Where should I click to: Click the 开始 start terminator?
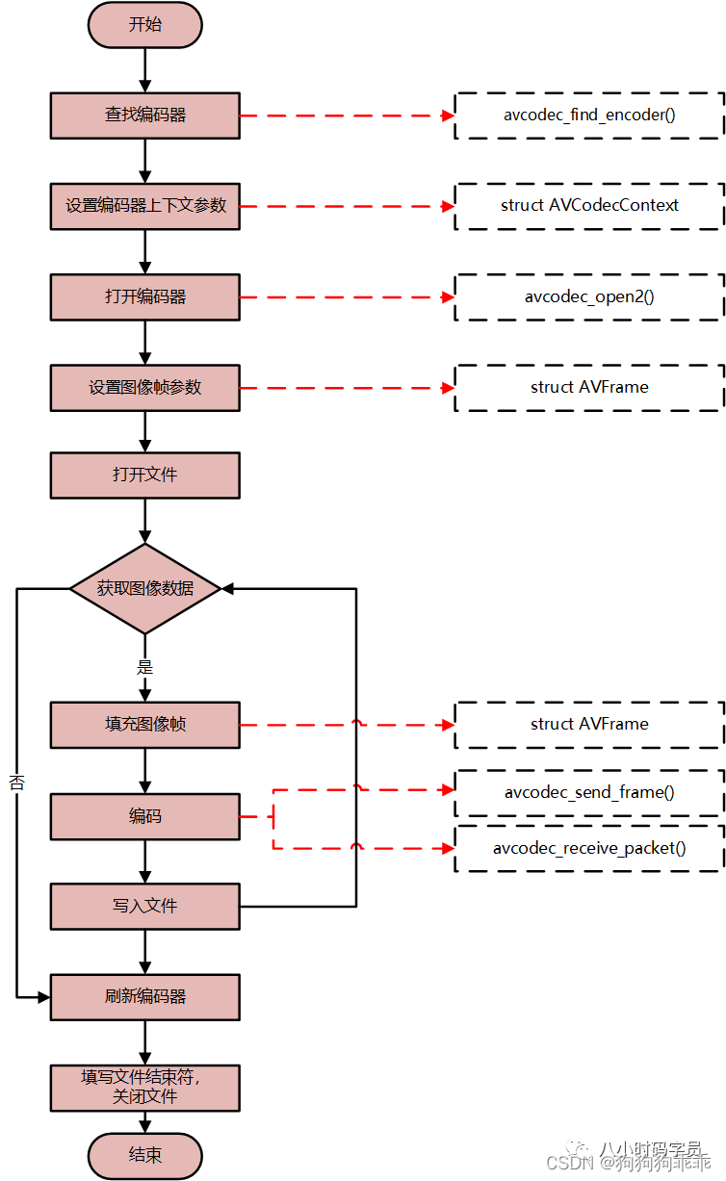145,24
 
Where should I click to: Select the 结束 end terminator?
145,1155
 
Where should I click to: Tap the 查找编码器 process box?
145,116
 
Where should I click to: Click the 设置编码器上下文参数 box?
145,206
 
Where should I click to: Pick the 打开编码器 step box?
145,296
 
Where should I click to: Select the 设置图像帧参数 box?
145,388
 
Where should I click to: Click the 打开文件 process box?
145,475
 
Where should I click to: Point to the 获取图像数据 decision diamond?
145,588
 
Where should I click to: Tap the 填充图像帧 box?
145,725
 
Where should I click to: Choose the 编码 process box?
145,816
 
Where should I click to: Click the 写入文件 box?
145,906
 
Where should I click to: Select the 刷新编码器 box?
145,997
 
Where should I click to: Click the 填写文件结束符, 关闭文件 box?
145,1087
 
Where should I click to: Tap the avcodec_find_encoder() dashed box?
589,116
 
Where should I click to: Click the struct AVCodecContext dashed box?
589,206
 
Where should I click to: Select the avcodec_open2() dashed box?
589,296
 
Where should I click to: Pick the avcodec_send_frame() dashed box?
589,793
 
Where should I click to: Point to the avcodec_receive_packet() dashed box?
589,848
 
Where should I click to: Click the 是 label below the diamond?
145,667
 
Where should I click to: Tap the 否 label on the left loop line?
16,783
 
